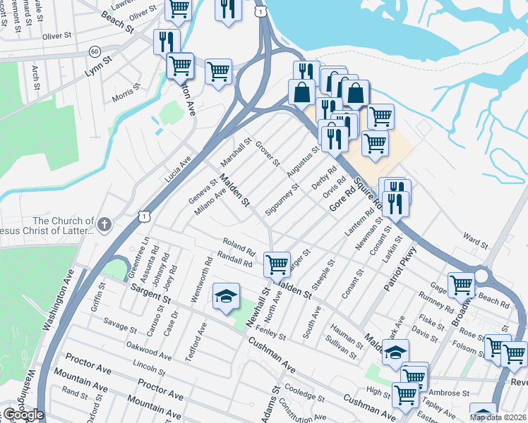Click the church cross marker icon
(104, 224)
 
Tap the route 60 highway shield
(95, 51)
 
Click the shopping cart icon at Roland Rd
(277, 264)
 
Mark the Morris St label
(126, 94)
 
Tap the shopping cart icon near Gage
(461, 284)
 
